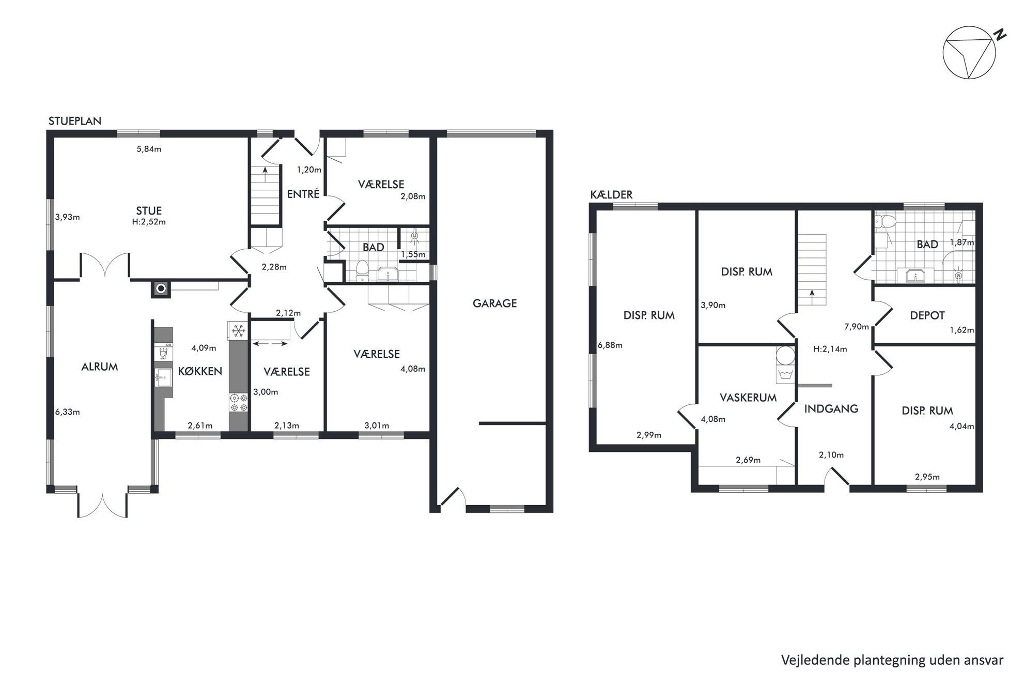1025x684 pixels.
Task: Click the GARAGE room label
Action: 494,303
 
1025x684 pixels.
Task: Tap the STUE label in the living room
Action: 149,211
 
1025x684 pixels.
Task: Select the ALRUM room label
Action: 100,367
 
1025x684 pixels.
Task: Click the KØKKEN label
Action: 200,371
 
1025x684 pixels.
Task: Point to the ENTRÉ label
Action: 303,194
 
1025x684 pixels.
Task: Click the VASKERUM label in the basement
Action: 748,398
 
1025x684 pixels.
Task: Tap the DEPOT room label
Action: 927,315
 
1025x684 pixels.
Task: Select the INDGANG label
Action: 831,409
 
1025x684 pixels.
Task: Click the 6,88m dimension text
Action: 610,345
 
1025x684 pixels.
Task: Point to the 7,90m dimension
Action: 857,327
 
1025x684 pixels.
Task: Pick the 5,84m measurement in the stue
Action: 149,149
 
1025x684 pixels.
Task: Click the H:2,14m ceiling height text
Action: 830,349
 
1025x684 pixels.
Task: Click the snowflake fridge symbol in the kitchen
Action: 238,330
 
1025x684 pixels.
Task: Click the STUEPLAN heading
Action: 75,121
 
